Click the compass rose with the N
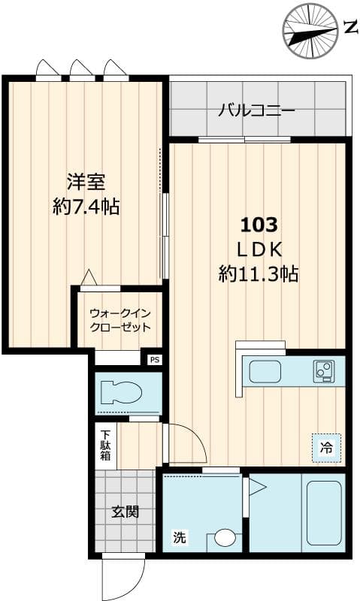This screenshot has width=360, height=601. (310, 30)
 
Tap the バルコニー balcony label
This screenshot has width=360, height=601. (256, 110)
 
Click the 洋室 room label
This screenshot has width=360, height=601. (85, 182)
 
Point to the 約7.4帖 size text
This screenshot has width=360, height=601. (86, 207)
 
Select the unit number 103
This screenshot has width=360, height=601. (259, 224)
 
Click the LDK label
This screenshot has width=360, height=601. (259, 249)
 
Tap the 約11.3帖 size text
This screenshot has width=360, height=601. (259, 273)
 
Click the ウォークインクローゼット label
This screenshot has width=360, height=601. (120, 320)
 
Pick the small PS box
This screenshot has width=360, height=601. (155, 360)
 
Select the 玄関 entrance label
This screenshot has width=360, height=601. (126, 513)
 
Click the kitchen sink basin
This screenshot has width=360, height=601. (265, 371)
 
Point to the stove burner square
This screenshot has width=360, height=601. (325, 370)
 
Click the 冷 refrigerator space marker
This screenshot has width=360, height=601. (326, 448)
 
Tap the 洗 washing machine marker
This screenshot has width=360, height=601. (179, 538)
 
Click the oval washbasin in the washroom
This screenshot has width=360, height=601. (225, 538)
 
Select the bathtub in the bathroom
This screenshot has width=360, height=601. (324, 514)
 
